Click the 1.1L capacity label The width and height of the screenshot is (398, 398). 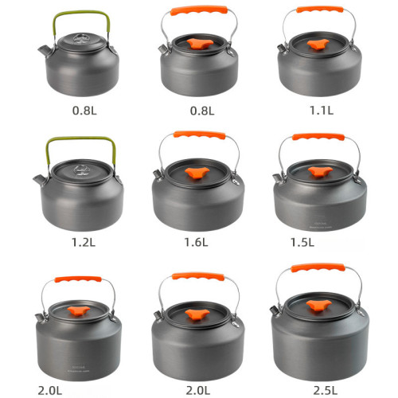322,110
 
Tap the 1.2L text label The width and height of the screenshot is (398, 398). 84,242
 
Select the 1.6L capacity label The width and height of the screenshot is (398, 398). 196,242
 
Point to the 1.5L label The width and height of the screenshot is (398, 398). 302,242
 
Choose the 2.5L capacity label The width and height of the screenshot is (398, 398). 326,390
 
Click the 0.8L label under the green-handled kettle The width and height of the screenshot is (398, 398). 84,111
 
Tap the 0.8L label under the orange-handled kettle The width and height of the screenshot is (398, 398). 202,111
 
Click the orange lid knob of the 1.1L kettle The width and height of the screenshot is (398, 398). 318,44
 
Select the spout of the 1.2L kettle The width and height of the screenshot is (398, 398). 40,181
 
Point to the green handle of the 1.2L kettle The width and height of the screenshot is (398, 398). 81,139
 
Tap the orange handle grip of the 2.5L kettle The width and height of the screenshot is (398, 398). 318,267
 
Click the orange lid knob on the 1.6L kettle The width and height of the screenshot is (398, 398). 197,173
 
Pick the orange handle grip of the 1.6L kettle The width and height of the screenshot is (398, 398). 199,135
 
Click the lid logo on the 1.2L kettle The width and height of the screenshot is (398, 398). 82,170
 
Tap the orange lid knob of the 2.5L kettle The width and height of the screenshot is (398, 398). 318,305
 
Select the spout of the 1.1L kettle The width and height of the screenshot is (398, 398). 283,49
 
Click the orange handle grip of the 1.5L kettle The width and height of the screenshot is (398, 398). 318,137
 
